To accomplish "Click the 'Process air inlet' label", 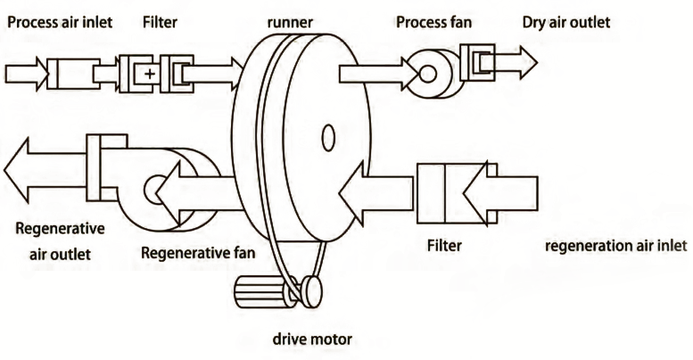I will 60,22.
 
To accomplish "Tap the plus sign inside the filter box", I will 150,74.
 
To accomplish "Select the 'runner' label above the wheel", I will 290,22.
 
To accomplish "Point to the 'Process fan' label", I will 433,22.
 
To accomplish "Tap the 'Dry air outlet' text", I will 566,22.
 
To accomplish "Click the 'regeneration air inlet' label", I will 616,246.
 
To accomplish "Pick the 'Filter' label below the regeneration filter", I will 444,245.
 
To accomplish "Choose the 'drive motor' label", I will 312,339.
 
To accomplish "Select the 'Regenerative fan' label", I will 198,253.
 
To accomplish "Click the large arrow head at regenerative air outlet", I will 18,170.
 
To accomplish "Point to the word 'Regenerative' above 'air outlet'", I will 60,229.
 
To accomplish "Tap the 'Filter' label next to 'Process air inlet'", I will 160,22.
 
